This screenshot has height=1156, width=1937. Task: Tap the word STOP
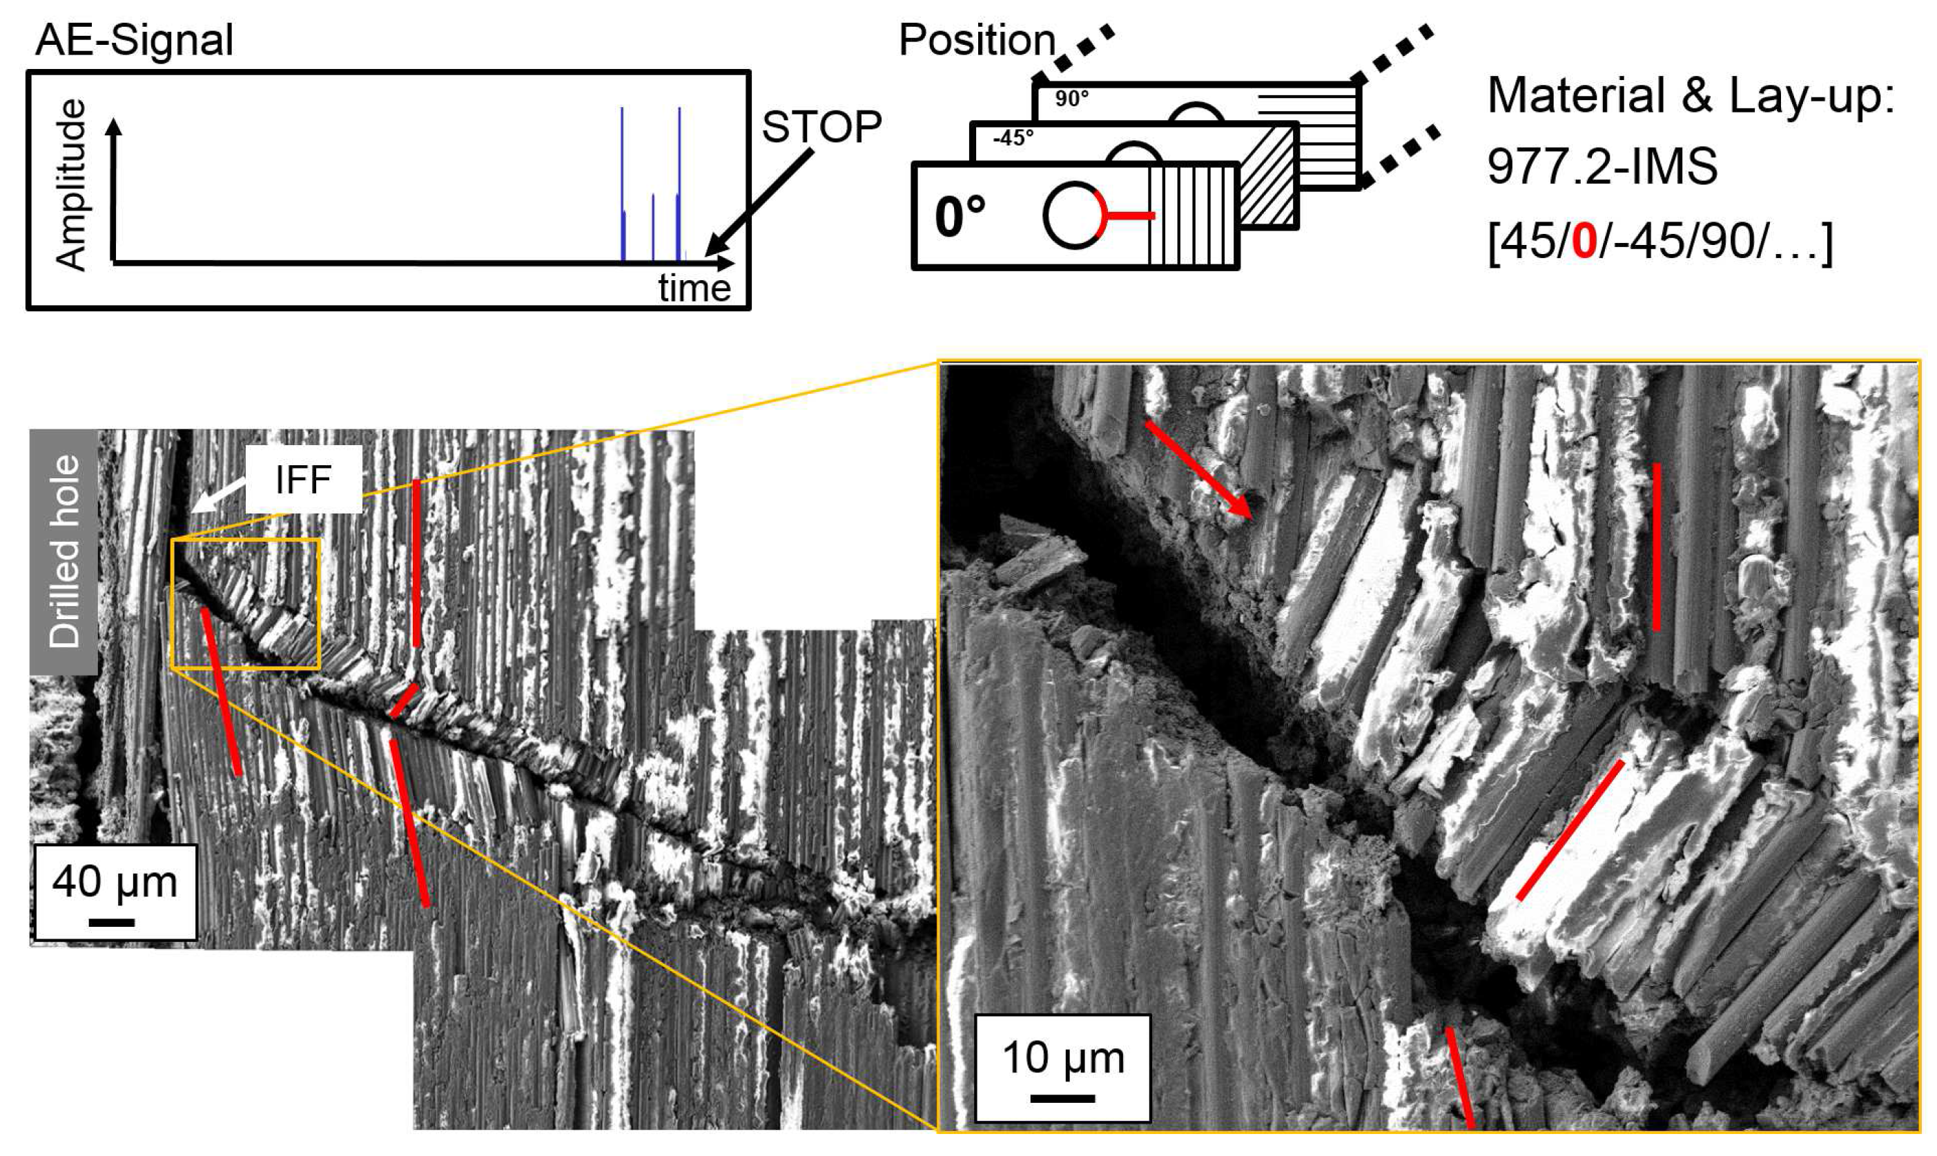pos(821,126)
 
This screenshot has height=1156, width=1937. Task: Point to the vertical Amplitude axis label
pos(71,185)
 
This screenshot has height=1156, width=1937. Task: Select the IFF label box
pos(303,479)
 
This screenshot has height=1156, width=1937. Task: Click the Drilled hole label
pos(64,551)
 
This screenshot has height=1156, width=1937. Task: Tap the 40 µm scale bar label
pos(115,882)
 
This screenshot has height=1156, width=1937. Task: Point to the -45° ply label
pos(1013,138)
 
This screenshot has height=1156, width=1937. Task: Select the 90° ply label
pos(1071,99)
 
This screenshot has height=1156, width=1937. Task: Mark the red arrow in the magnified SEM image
pos(1198,470)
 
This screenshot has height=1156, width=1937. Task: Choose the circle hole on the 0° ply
pos(1073,216)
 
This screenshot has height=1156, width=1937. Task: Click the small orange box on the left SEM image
pos(246,604)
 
